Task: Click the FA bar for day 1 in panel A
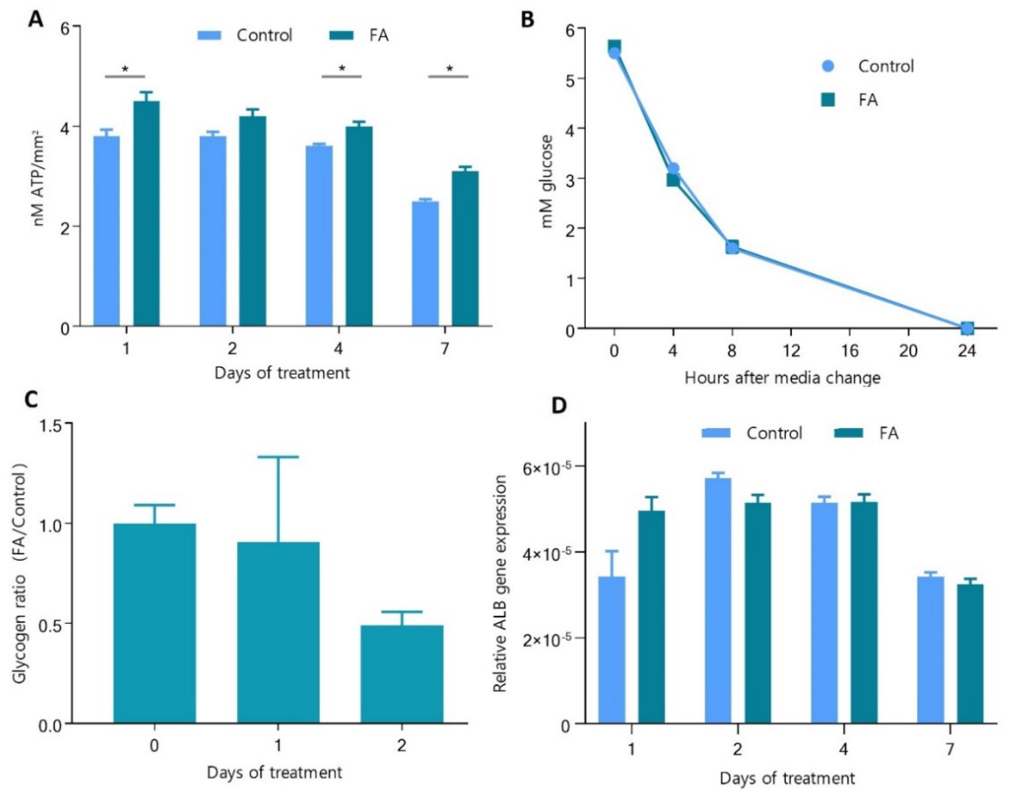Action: [146, 214]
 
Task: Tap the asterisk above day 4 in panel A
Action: [342, 69]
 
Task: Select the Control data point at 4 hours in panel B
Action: [673, 169]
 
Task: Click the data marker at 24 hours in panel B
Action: [967, 328]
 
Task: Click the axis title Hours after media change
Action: [782, 378]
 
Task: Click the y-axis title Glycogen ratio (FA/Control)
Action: [21, 577]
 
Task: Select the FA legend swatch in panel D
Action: [849, 433]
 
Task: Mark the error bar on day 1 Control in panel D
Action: [612, 563]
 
